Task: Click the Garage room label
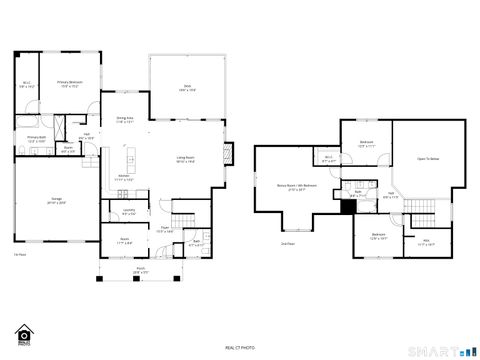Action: [x=58, y=200]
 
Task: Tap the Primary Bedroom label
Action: [x=69, y=83]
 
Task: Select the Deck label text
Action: [x=187, y=89]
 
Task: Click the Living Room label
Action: [x=186, y=158]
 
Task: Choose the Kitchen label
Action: [x=125, y=177]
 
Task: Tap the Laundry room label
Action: [x=129, y=211]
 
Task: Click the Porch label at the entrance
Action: [x=141, y=270]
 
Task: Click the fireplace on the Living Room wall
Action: [x=229, y=155]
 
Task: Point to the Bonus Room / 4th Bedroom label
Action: [x=296, y=186]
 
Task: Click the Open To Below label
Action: [x=427, y=158]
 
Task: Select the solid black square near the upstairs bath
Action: [x=348, y=207]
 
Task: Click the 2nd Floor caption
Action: [x=287, y=243]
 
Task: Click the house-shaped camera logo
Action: [x=22, y=333]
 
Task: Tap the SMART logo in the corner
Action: [x=441, y=350]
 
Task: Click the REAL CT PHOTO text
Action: [x=239, y=347]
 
